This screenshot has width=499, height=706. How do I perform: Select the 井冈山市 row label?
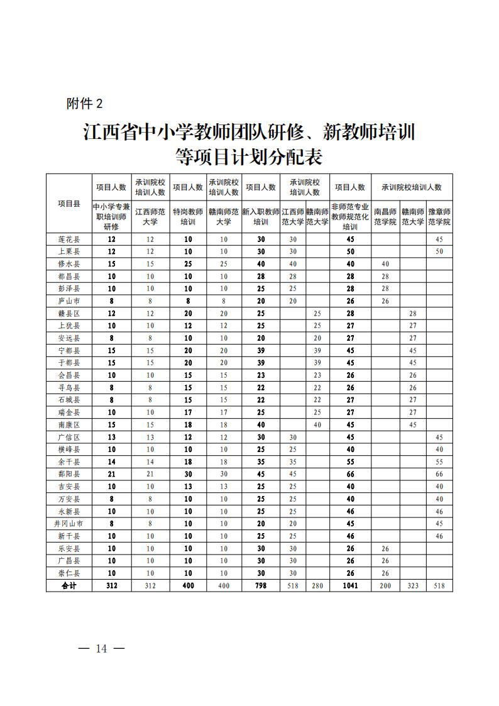click(x=69, y=523)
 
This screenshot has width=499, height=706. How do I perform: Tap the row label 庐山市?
click(x=69, y=301)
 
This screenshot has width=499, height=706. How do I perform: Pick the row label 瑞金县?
click(x=69, y=412)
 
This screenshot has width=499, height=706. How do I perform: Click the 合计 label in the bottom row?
click(x=69, y=585)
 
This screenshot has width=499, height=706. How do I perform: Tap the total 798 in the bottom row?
click(x=260, y=585)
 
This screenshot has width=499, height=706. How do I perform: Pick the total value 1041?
click(x=350, y=585)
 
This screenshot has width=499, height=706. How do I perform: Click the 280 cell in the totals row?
click(x=317, y=585)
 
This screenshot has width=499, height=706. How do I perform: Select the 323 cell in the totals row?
click(x=413, y=585)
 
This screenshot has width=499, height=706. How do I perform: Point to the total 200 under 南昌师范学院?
click(x=385, y=585)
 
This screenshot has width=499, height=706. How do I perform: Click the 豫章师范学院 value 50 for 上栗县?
click(x=439, y=251)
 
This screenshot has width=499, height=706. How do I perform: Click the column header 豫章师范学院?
click(x=439, y=217)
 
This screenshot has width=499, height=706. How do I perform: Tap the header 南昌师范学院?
click(x=385, y=217)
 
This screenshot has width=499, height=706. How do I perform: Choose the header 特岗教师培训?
click(x=188, y=217)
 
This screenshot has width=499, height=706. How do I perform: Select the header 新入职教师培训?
click(x=260, y=217)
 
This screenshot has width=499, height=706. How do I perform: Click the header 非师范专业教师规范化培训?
click(x=350, y=217)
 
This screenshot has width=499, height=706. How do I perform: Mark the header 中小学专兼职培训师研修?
click(x=112, y=217)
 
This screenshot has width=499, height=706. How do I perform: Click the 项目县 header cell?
click(x=69, y=203)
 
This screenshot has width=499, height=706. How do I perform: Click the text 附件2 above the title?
click(x=84, y=104)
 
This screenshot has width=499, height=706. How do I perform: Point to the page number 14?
click(x=101, y=649)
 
